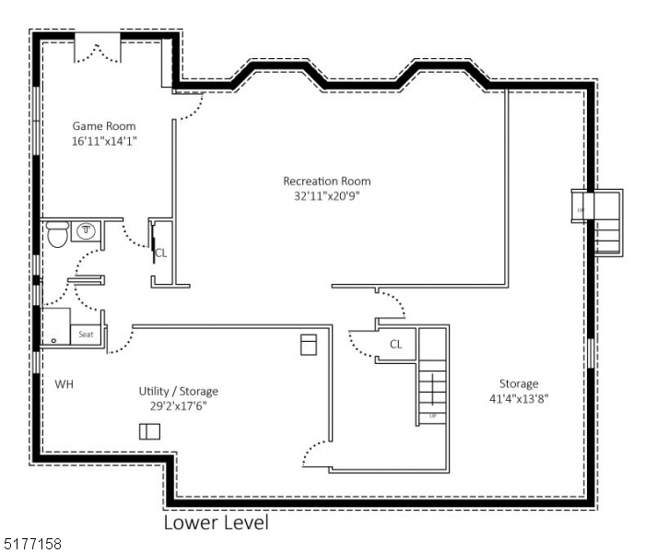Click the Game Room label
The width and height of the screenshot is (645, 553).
pyautogui.click(x=104, y=126)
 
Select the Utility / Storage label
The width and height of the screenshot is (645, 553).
pyautogui.click(x=178, y=392)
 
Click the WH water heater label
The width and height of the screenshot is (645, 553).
pyautogui.click(x=64, y=383)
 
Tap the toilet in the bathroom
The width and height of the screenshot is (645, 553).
pyautogui.click(x=56, y=235)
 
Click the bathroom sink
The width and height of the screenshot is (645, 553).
pyautogui.click(x=86, y=230)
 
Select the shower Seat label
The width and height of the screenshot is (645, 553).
pyautogui.click(x=86, y=335)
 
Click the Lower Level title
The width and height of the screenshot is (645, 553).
pyautogui.click(x=216, y=524)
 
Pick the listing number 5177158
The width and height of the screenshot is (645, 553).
pyautogui.click(x=32, y=545)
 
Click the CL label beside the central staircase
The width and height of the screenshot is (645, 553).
pyautogui.click(x=395, y=345)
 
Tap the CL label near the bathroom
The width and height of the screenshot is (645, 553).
pyautogui.click(x=160, y=253)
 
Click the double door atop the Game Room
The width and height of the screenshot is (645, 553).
pyautogui.click(x=97, y=48)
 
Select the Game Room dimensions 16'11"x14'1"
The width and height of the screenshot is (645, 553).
pyautogui.click(x=104, y=142)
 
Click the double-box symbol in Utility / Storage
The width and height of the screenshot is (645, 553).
pyautogui.click(x=149, y=430)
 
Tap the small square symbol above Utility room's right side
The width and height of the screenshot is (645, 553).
pyautogui.click(x=309, y=345)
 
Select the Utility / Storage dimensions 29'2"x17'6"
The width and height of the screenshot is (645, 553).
pyautogui.click(x=178, y=406)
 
